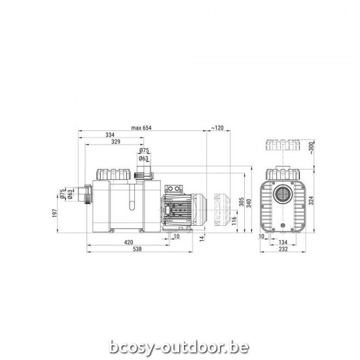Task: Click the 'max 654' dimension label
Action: (141, 127)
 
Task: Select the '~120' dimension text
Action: (217, 127)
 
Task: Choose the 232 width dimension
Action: (282, 249)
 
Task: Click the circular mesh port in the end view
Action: (282, 195)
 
